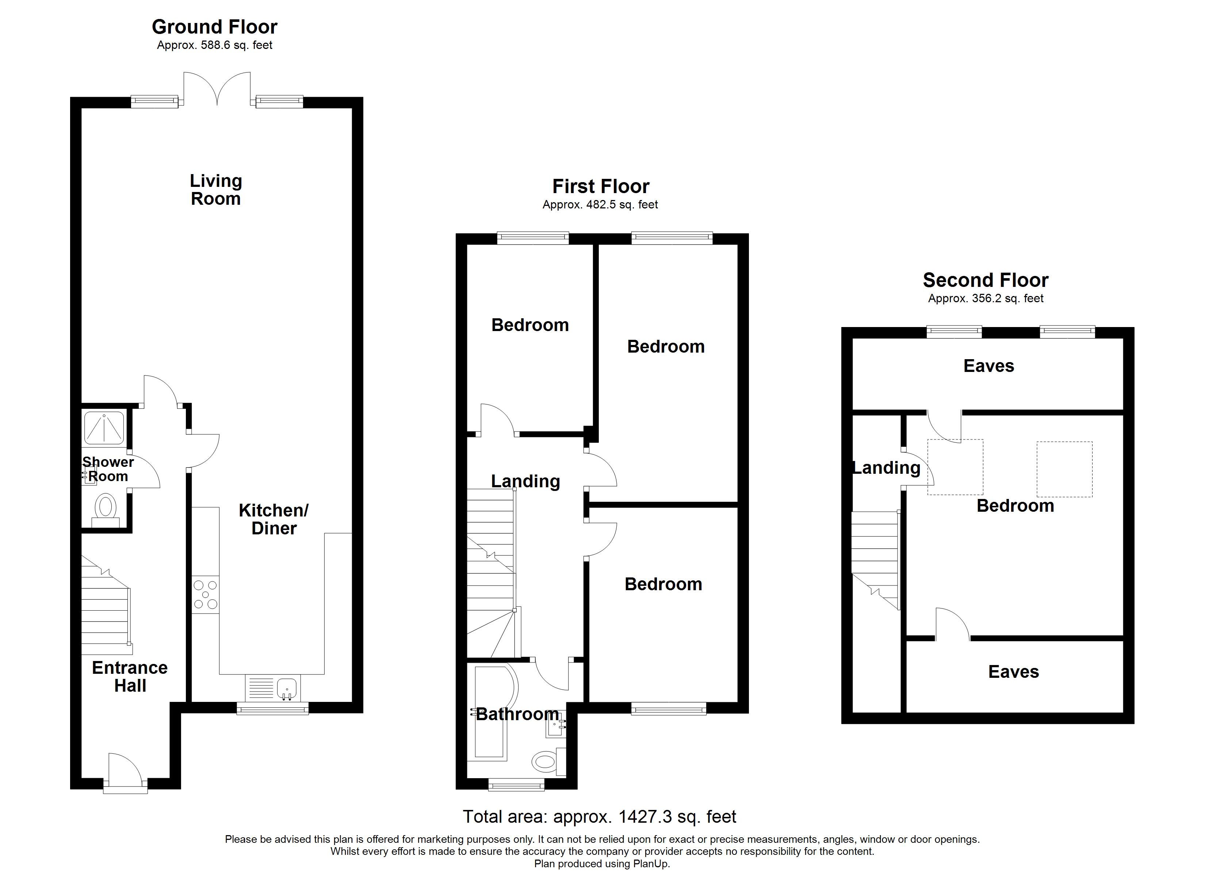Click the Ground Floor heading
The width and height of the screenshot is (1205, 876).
(x=215, y=27)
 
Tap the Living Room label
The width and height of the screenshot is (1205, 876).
(x=216, y=190)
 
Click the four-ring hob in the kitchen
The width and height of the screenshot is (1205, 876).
(x=206, y=595)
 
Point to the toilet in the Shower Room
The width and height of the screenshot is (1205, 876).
(x=105, y=508)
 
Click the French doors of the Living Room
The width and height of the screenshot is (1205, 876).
(x=217, y=89)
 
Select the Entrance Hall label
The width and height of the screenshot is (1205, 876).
(x=130, y=676)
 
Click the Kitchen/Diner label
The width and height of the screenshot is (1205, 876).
(x=273, y=519)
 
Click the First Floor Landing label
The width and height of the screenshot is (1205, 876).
(x=525, y=481)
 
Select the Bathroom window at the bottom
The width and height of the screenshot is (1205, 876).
(x=516, y=785)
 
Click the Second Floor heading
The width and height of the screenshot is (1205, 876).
(x=986, y=280)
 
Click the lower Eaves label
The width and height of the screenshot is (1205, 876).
(x=1013, y=672)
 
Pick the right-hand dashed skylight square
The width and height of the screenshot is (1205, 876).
(x=1064, y=469)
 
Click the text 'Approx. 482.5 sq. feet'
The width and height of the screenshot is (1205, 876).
(x=600, y=204)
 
